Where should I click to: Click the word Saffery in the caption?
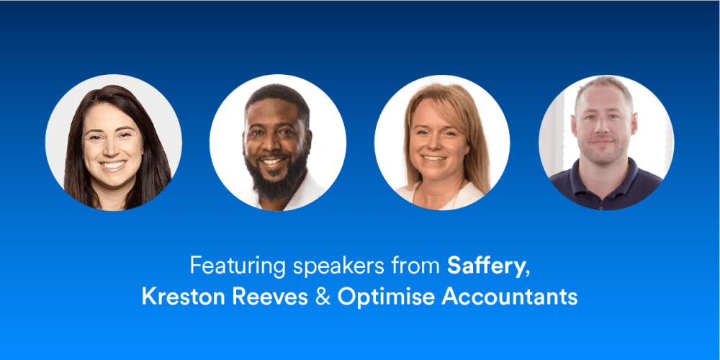485,267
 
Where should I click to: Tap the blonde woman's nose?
433,144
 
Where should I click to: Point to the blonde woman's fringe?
441,99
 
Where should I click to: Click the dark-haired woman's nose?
112,148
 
